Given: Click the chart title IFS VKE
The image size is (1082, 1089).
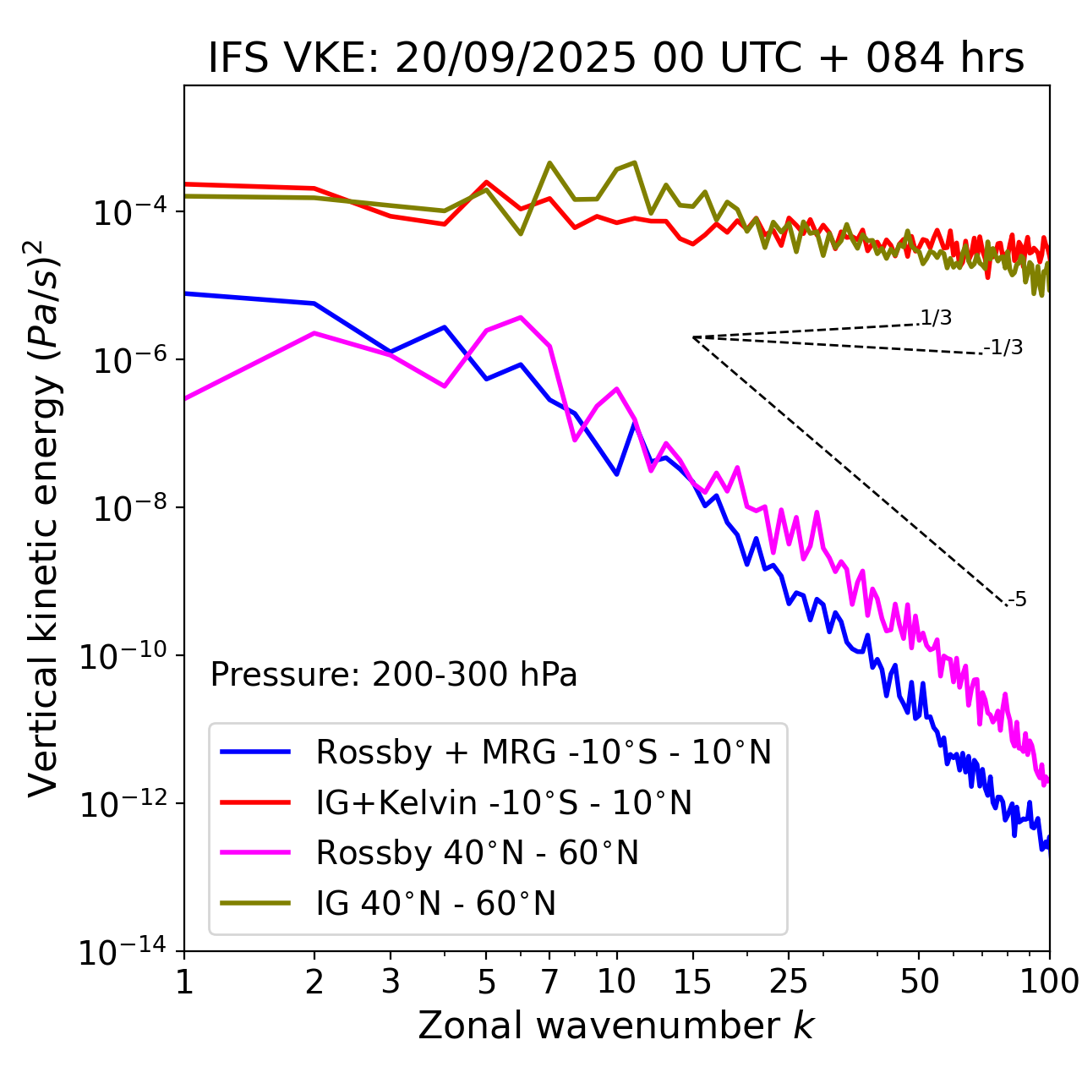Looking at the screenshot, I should (x=615, y=59).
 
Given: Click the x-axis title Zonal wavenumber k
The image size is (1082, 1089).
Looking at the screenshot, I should (x=615, y=1025).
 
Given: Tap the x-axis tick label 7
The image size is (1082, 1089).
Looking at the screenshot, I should (x=549, y=982).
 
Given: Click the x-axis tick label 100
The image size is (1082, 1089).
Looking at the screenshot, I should (x=1049, y=982).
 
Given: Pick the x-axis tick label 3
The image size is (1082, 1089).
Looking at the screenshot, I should (x=391, y=982).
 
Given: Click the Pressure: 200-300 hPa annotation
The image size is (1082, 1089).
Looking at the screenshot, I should (x=394, y=675).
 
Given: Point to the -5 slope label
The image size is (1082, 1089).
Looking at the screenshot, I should (x=1018, y=600).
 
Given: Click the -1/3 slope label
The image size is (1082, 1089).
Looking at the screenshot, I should (x=1004, y=347).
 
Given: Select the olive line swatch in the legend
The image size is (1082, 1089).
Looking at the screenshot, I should (x=255, y=904).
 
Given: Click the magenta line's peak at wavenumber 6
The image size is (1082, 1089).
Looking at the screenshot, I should (x=521, y=317).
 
